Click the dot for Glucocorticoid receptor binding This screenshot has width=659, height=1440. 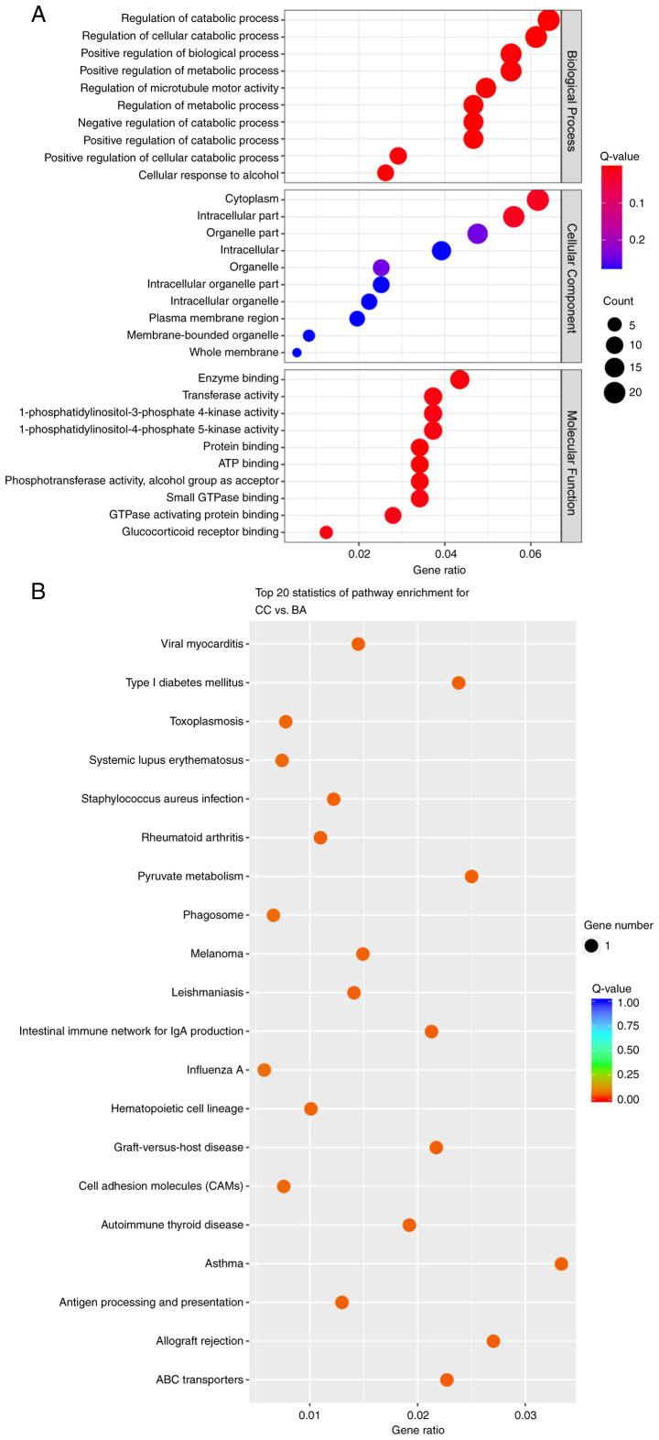coord(326,532)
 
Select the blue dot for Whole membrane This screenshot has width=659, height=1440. coord(297,353)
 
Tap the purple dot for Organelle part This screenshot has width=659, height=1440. coord(477,234)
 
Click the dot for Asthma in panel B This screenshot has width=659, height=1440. coord(561,1264)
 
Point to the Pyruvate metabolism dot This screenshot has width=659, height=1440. coord(471,877)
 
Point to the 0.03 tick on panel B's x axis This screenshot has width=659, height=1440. coord(524,1418)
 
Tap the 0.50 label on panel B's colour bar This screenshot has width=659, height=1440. coord(640,1050)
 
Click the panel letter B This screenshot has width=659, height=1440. coord(38,591)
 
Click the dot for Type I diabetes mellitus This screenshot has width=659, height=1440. coord(459,682)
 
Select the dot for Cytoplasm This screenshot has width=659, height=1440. coord(538,200)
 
